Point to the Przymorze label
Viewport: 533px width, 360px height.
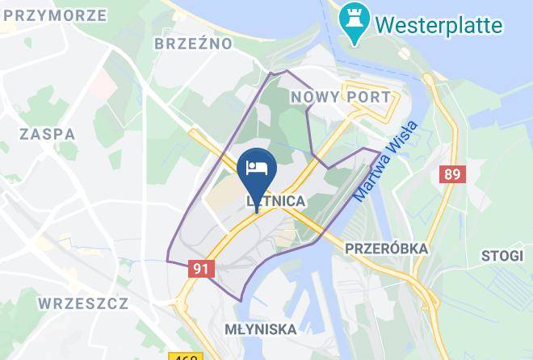click(x=53, y=15)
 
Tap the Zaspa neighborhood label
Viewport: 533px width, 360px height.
click(x=49, y=134)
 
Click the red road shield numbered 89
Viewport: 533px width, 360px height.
click(x=449, y=174)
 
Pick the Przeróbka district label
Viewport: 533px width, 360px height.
click(x=385, y=248)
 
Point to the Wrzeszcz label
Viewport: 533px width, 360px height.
click(x=82, y=303)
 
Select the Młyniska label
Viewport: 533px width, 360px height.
click(x=260, y=329)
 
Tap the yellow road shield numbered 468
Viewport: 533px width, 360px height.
click(x=186, y=356)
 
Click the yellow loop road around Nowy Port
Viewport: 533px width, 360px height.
click(x=367, y=83)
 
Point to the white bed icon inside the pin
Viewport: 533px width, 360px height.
click(x=258, y=168)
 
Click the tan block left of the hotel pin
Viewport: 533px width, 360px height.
click(x=220, y=197)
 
